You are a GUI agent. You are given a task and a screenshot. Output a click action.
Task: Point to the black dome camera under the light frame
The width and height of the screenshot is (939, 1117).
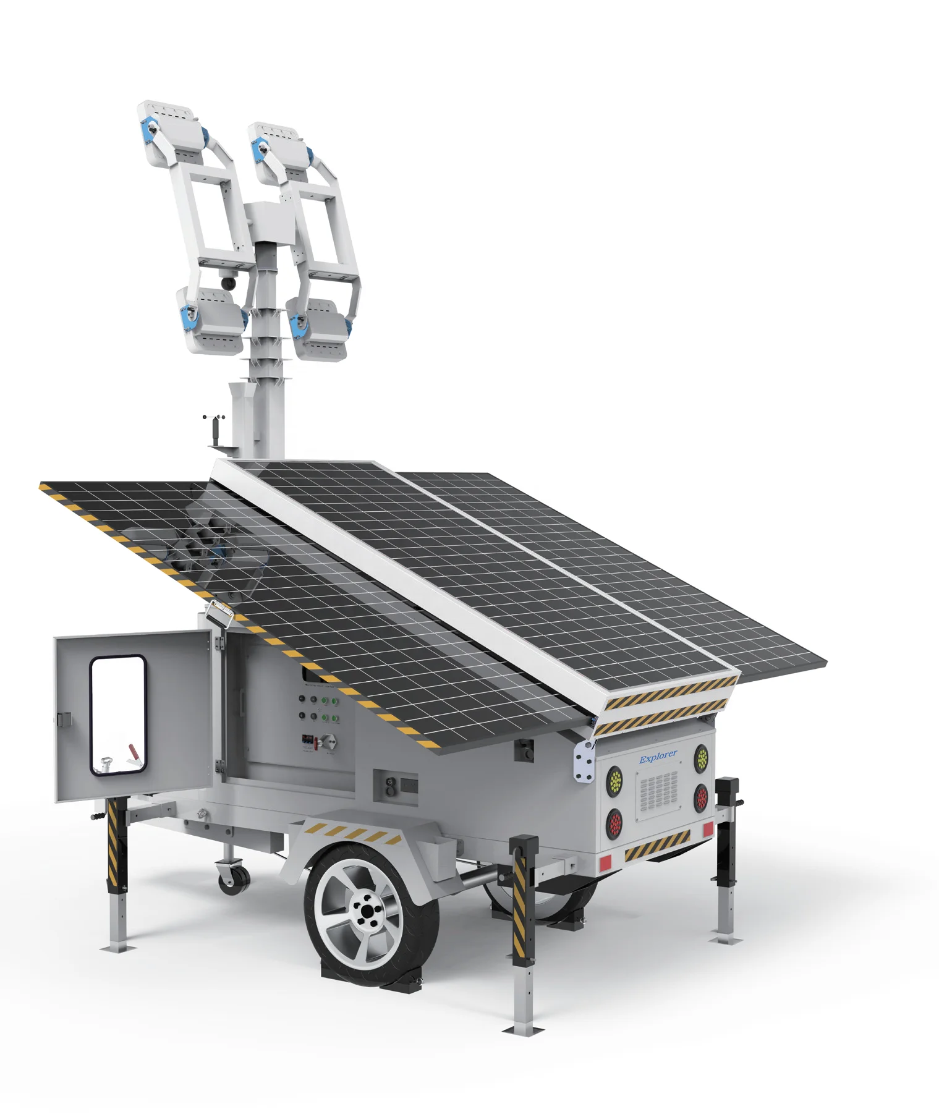227,282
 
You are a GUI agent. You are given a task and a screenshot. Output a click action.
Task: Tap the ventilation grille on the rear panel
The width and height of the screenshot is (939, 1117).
658,792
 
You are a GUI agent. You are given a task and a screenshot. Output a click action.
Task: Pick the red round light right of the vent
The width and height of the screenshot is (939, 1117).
701,798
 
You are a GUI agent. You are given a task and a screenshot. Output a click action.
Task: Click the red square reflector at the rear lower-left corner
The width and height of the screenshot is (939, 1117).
605,861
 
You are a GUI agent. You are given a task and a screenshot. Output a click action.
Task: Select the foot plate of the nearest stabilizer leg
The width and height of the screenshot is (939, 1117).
525,1028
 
